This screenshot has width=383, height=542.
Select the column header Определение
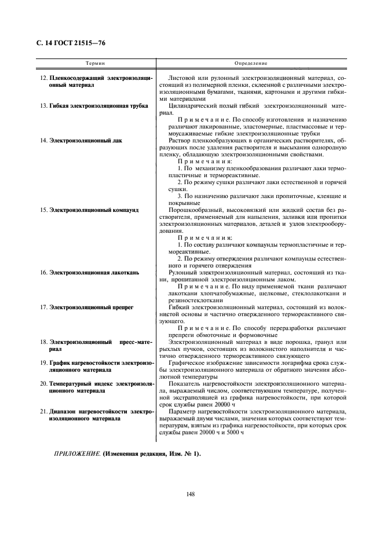click(x=250, y=63)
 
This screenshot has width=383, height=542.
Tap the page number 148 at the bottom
click(x=191, y=493)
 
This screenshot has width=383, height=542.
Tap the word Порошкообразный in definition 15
click(x=195, y=210)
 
